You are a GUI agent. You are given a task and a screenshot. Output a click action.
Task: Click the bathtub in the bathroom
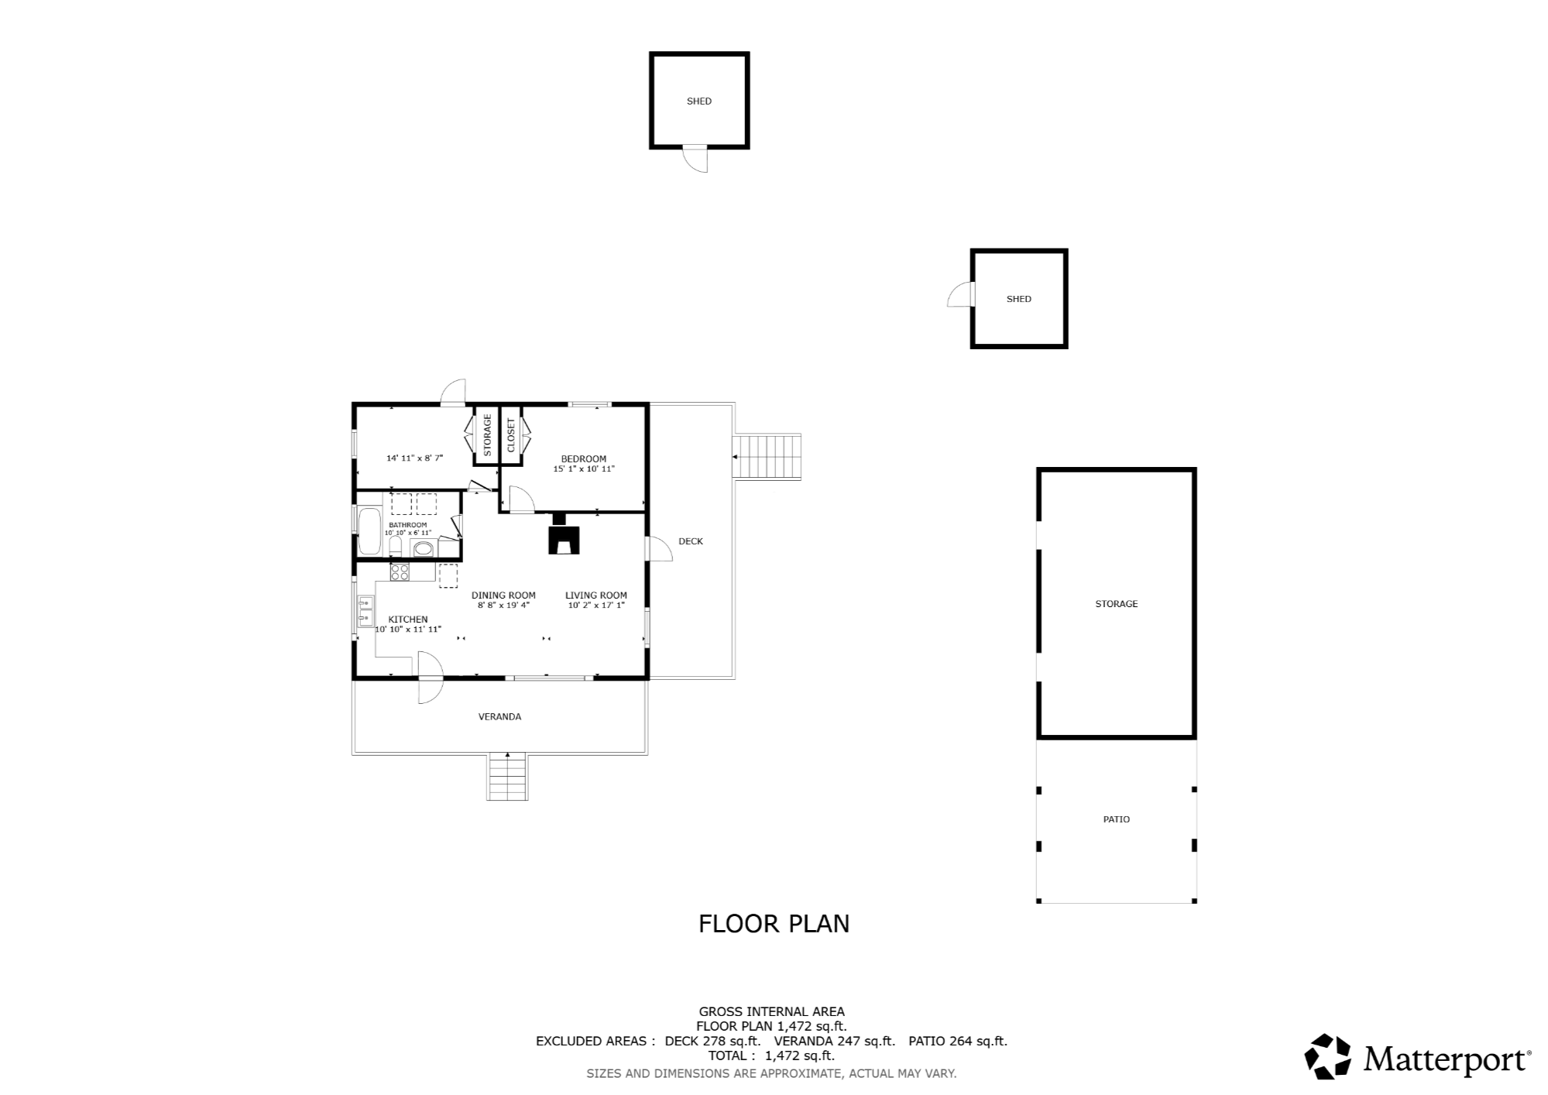coord(370,531)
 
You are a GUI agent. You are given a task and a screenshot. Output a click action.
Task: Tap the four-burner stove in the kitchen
coord(400,572)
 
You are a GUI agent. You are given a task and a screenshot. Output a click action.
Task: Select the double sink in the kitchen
coord(366,611)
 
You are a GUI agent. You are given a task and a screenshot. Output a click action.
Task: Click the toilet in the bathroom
coord(395,547)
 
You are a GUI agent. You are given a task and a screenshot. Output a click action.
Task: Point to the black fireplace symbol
coord(564,535)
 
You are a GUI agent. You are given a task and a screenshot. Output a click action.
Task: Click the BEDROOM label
coord(584,459)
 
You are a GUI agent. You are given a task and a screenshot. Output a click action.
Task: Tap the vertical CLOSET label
coord(511,435)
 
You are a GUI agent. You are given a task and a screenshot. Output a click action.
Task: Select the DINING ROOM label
coord(503,596)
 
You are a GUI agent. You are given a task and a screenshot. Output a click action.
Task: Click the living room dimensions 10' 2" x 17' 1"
coord(596,606)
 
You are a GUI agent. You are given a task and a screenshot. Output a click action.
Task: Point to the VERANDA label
coord(499,717)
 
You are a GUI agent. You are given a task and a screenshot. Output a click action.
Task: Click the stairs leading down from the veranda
coord(508,777)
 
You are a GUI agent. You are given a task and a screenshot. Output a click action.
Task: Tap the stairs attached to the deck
coord(767,457)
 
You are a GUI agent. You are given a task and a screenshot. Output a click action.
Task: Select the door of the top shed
coord(695,159)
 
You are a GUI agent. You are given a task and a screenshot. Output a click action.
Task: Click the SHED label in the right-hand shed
coord(1019,299)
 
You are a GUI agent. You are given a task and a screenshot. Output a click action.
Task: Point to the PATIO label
coord(1117,819)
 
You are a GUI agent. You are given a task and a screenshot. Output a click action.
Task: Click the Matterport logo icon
coord(1328,1056)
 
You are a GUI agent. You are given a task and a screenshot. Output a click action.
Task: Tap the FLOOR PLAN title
coord(774,924)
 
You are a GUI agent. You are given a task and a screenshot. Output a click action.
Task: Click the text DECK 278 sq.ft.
coord(712,1042)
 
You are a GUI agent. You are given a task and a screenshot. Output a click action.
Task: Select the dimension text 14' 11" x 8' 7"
coord(414,458)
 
